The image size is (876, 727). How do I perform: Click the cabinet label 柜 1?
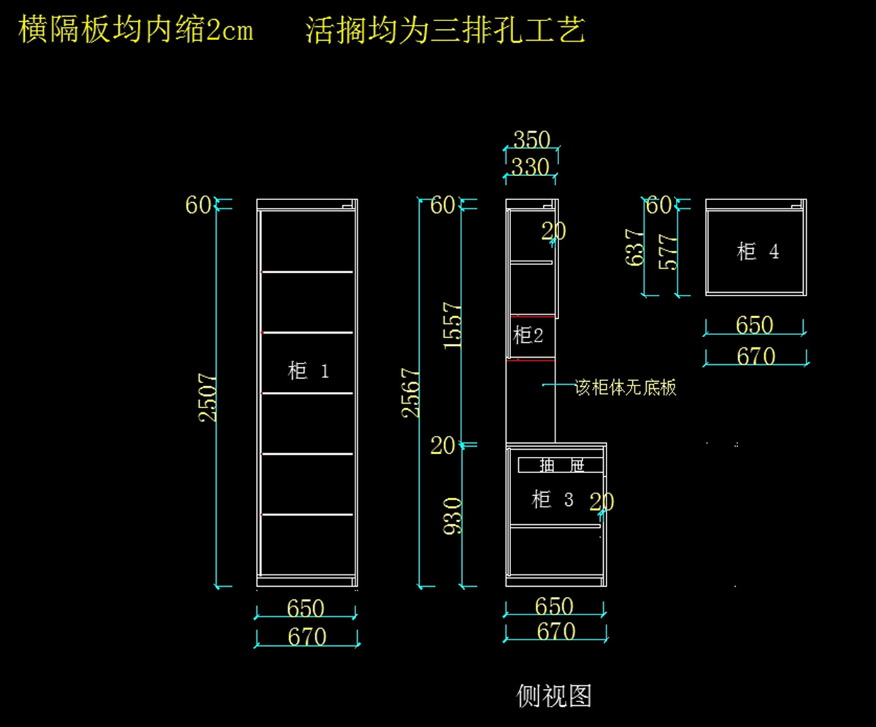tap(308, 371)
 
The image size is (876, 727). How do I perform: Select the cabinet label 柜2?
tap(528, 336)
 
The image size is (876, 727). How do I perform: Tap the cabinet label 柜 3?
tap(552, 500)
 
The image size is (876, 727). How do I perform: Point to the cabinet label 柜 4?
tap(757, 252)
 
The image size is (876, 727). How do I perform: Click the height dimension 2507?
tap(208, 397)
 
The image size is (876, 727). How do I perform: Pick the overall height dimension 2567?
tap(411, 393)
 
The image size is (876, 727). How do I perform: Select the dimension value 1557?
tap(453, 325)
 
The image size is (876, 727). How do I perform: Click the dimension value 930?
tap(453, 515)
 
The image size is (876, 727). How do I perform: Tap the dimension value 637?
tap(634, 247)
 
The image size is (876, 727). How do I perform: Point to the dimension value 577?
tap(668, 252)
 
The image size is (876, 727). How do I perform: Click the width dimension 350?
tap(531, 139)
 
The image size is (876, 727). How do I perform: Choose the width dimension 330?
tap(530, 167)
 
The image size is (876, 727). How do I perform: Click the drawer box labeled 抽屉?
tap(561, 464)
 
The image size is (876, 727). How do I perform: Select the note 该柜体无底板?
tap(626, 387)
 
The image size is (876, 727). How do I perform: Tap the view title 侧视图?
tap(553, 696)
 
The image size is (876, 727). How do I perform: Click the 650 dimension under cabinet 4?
tap(755, 325)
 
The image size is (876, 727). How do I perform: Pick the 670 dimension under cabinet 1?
tap(307, 637)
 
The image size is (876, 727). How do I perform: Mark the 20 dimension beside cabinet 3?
tap(602, 502)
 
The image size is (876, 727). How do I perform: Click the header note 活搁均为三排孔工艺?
tap(445, 31)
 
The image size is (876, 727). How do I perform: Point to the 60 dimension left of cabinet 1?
tap(198, 206)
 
